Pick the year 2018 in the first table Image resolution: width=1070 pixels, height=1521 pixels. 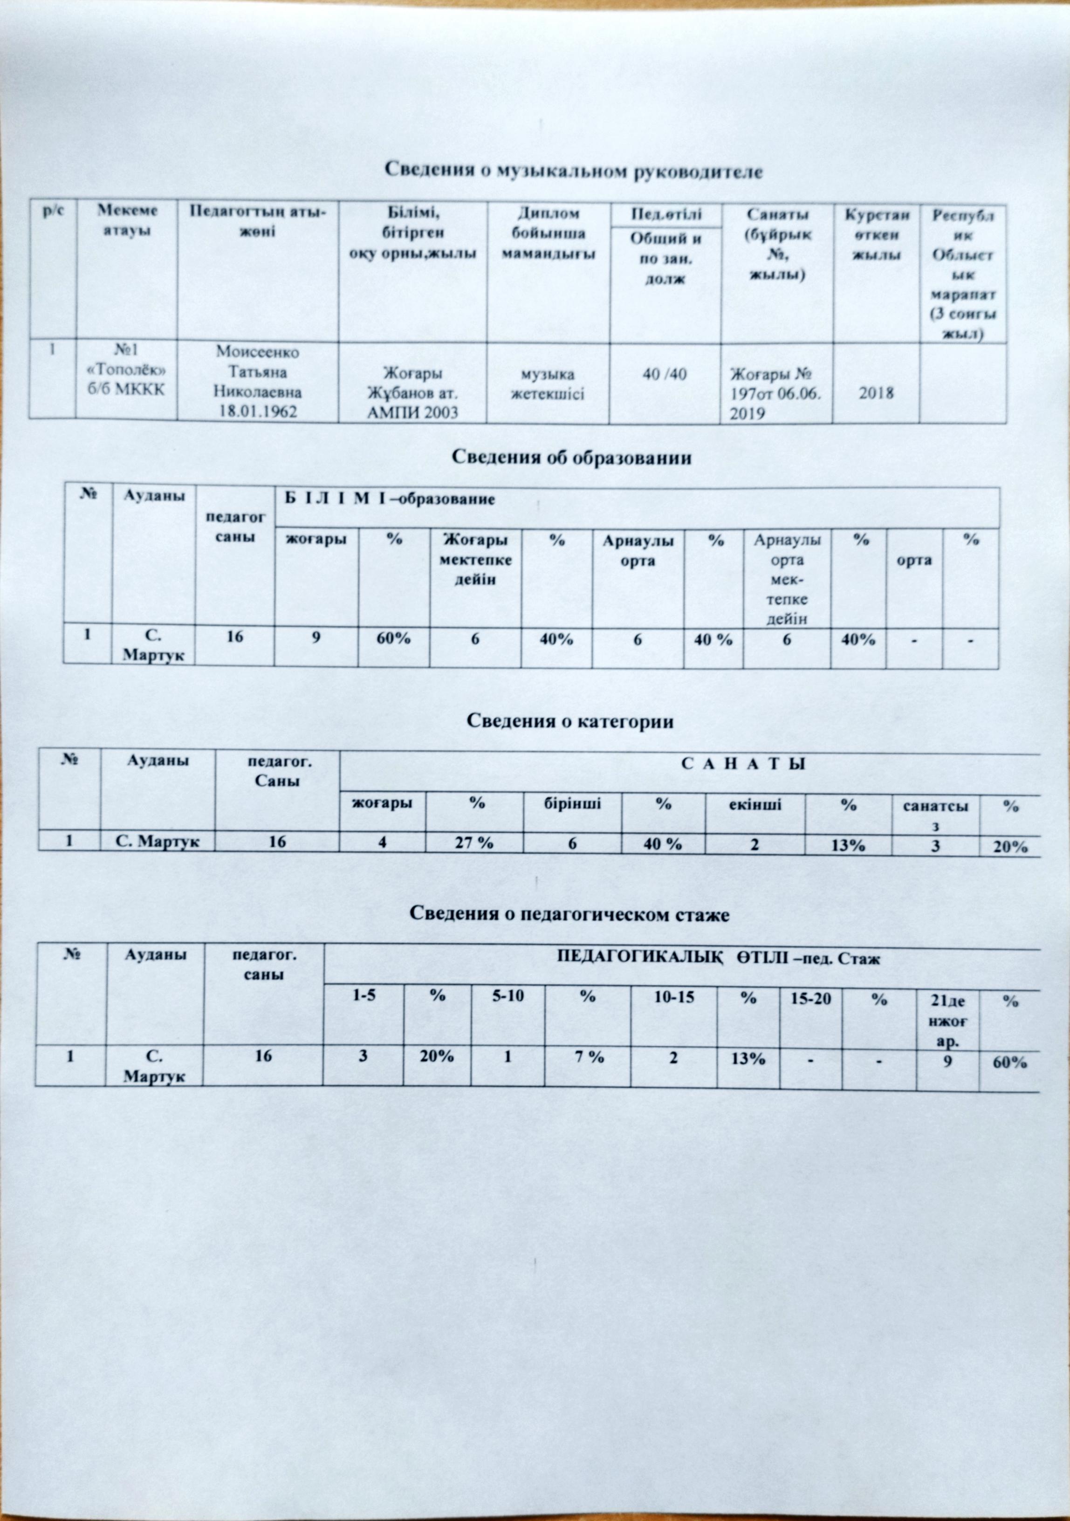pyautogui.click(x=876, y=393)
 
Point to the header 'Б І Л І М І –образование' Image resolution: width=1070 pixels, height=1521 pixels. pyautogui.click(x=390, y=500)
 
